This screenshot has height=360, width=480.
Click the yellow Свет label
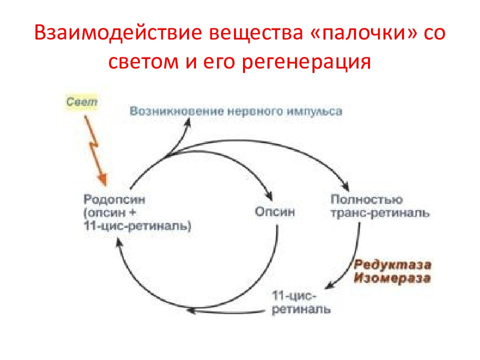(x=81, y=101)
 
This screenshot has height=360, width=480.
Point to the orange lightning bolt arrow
(x=96, y=150)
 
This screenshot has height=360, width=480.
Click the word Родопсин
(x=114, y=199)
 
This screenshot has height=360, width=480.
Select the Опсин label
(x=275, y=211)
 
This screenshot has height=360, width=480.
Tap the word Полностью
(x=366, y=199)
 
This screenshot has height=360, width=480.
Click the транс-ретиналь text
(x=380, y=213)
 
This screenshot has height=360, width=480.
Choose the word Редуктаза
(x=392, y=265)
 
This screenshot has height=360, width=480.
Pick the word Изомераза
(x=392, y=278)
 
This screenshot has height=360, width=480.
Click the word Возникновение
(x=176, y=111)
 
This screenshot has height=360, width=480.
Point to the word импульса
(x=314, y=111)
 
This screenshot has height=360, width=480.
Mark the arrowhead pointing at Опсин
(x=269, y=196)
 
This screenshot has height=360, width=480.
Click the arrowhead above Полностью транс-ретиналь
(x=346, y=186)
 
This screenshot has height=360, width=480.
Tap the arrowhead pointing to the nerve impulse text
(x=188, y=122)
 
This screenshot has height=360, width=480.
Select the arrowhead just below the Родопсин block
(x=119, y=243)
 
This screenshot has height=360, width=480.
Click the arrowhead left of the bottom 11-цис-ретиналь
(x=191, y=311)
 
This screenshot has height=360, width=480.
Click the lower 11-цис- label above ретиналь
(x=294, y=296)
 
